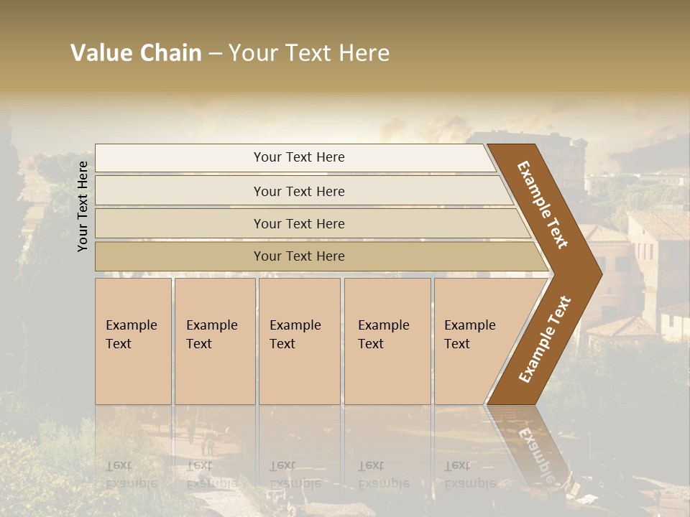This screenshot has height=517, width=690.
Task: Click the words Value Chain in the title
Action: [136, 53]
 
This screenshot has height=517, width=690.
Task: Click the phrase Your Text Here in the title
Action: [309, 53]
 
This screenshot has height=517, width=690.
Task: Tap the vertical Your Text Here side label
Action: [83, 206]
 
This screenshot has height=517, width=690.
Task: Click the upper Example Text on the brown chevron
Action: [543, 205]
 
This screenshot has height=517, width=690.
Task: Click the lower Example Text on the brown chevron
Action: [544, 340]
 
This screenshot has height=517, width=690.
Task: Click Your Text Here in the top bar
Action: [299, 157]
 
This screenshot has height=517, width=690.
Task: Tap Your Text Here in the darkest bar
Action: [299, 256]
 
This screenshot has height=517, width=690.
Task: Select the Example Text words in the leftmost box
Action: [131, 335]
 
